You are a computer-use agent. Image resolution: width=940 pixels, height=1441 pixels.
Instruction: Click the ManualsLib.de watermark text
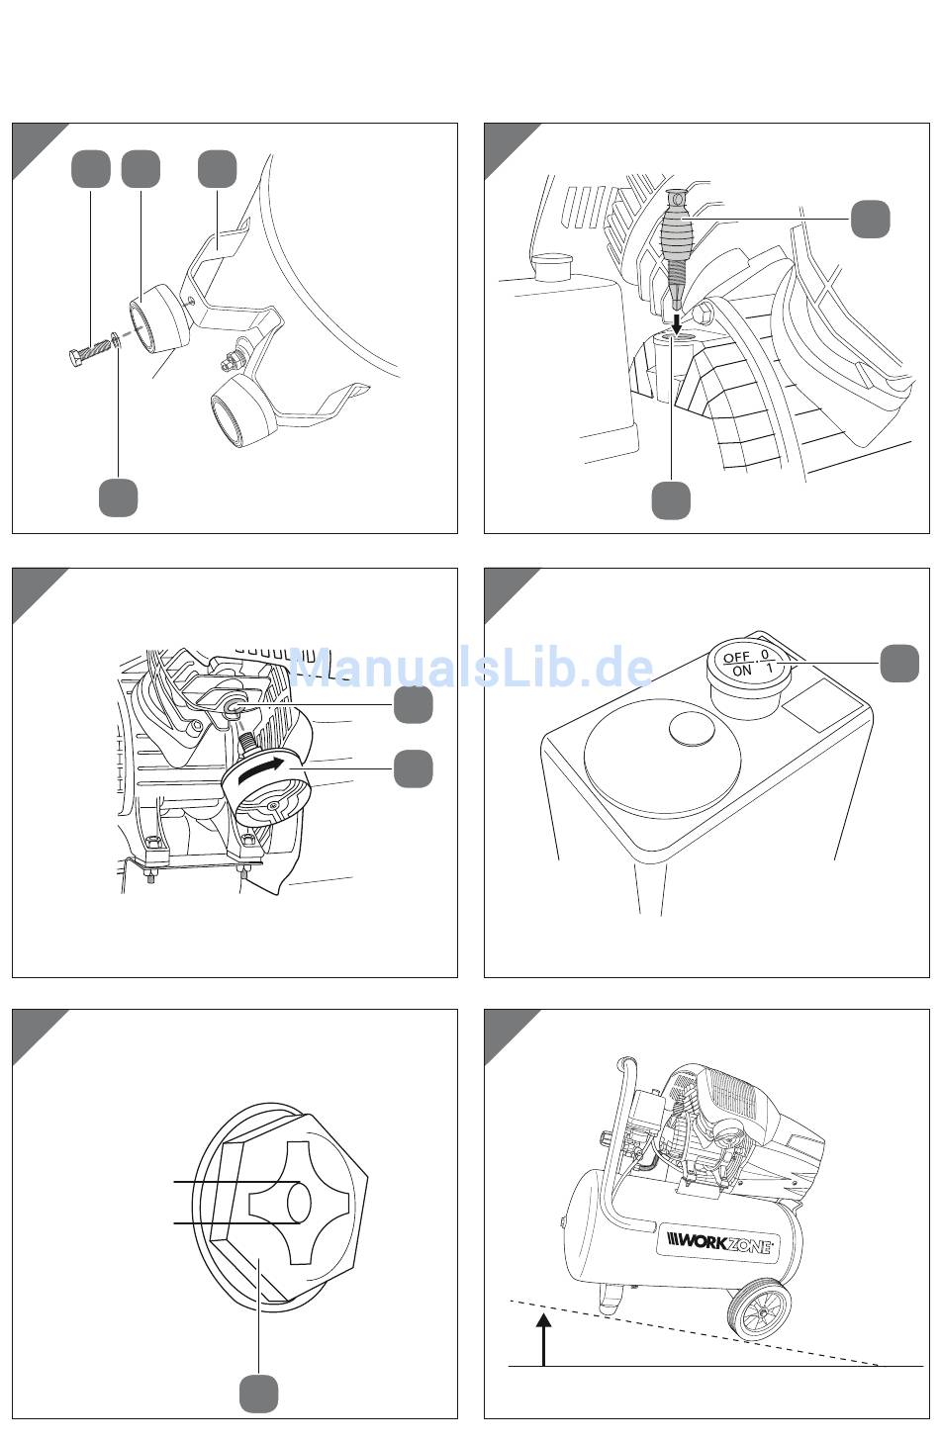pos(470,668)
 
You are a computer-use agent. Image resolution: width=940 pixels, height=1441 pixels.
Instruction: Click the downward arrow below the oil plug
pos(677,321)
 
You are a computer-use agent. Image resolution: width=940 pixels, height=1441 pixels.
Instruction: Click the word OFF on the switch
pos(737,658)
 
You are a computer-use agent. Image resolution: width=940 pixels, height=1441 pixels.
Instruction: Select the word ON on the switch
pos(742,671)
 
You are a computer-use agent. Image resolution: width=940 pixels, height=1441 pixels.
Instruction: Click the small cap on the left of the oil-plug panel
pos(553,266)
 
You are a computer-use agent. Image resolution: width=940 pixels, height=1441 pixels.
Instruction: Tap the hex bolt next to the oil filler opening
pos(704,314)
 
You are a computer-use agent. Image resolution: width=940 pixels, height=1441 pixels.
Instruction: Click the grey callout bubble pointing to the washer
pos(119,496)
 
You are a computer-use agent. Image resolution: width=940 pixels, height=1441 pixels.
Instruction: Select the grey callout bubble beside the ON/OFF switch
pos(898,663)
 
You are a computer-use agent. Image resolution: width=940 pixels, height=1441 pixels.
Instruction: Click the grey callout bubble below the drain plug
pos(258,1395)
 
